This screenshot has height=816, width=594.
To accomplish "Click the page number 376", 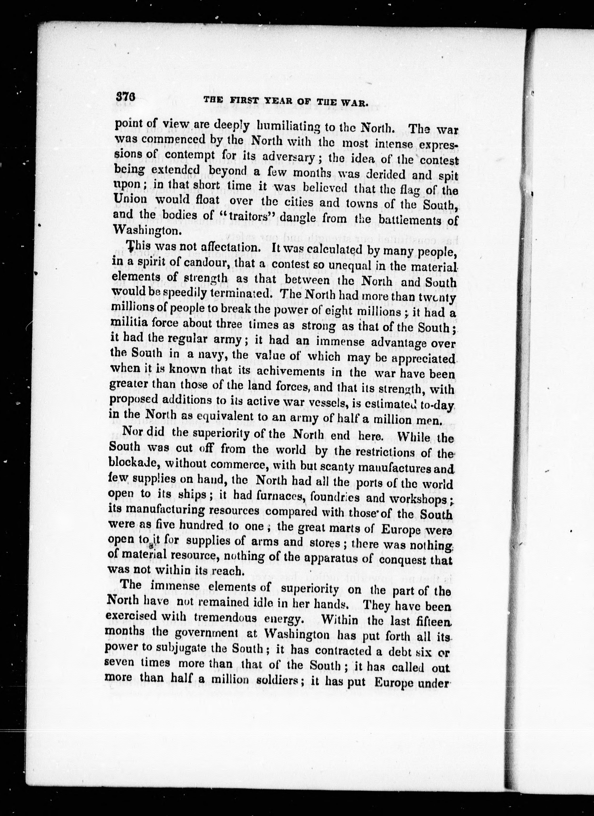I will (x=125, y=98).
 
